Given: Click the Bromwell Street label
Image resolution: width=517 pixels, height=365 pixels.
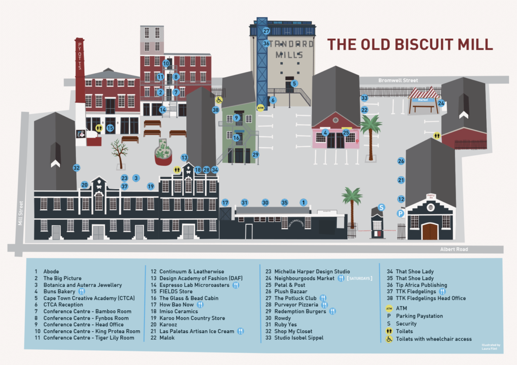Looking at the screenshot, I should (398, 81).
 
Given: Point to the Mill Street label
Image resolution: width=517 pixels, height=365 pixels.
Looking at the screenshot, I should (21, 213).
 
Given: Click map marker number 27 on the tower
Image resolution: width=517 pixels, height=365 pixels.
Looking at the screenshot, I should (266, 31).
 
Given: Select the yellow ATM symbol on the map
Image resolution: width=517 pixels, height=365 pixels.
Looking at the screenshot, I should (261, 107).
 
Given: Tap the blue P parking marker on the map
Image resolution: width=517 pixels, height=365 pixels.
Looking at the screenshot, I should (400, 214).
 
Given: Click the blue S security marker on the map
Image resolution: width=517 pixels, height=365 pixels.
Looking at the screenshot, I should (382, 207).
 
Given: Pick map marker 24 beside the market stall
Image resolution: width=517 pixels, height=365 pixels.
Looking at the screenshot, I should (441, 103).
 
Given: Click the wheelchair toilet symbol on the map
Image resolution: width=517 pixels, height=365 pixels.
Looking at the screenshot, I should (219, 100).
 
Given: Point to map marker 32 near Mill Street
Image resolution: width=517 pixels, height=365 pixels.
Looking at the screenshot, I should (76, 168).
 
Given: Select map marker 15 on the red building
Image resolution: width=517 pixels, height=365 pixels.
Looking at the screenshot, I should (110, 128).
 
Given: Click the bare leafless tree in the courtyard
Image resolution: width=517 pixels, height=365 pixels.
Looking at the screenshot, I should (119, 152).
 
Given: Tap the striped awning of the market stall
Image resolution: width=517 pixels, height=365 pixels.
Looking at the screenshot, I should (424, 93).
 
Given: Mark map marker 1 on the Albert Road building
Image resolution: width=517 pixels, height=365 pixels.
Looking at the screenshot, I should (303, 202).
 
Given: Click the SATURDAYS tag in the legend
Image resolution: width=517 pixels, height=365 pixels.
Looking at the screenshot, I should (359, 278).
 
